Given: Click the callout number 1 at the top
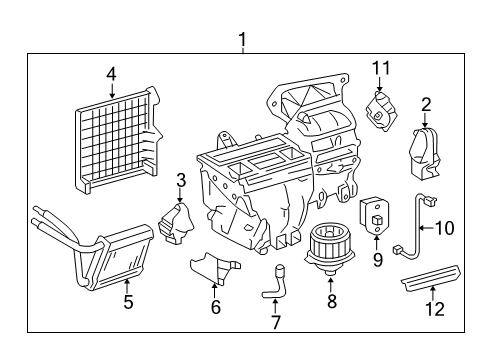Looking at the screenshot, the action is coord(242,40).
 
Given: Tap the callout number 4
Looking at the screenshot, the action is coord(111,74).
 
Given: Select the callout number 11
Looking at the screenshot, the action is coord(381,68).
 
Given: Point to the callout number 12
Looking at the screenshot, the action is coord(435,309).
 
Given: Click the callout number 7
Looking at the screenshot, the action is coord(275,322).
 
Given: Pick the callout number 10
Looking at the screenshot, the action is coord(445,228).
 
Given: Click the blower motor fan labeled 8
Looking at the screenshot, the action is coord(329,248).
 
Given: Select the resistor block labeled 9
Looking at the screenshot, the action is coord(374,216).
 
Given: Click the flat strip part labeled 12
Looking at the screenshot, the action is coord(432,276).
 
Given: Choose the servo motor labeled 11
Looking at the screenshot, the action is coord(382,110).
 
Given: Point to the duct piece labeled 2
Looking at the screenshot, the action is coord(424,154).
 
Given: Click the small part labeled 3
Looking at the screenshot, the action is coord(177,222).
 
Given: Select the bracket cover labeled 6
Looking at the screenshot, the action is coord(215,268).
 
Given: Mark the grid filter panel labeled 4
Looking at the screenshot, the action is coord(118,140).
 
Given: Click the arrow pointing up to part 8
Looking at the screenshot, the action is coord(331,285).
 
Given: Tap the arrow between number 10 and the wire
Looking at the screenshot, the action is coord(427,228).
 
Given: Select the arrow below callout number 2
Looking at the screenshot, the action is coord(425,120).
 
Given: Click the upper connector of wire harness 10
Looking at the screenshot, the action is coord(429,201).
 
